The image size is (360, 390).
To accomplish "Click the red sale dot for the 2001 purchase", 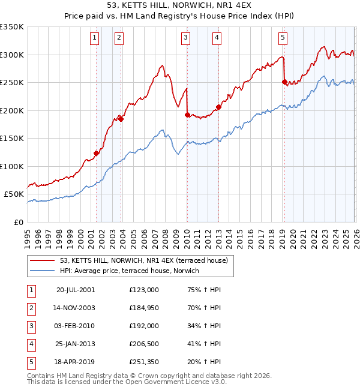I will (x=96, y=153).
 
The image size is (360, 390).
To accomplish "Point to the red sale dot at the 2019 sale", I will (x=284, y=82).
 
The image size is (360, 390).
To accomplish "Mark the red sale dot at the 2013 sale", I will (x=218, y=107).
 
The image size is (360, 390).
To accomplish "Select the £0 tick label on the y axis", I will (x=18, y=222).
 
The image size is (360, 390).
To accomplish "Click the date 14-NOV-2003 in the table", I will (x=75, y=307).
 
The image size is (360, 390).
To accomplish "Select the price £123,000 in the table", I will (x=143, y=289).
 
